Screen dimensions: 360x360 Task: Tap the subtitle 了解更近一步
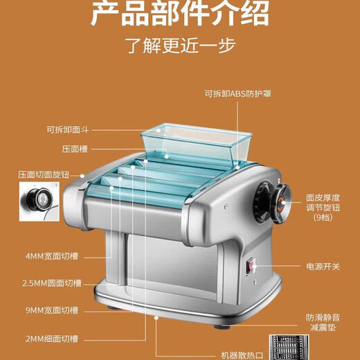click(x=180, y=46)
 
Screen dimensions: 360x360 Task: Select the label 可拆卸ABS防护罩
click(x=237, y=94)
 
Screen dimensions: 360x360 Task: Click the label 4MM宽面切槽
click(x=53, y=256)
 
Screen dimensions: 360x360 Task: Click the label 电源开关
click(x=321, y=266)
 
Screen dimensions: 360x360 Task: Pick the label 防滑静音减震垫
click(x=321, y=322)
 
